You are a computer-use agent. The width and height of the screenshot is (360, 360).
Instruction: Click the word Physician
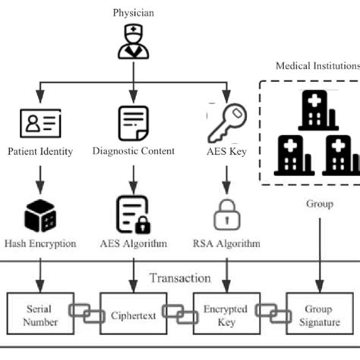pyautogui.click(x=134, y=13)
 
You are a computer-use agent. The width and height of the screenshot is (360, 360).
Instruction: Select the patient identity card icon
pyautogui.click(x=39, y=122)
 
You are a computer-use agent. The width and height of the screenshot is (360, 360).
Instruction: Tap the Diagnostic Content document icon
pyautogui.click(x=134, y=122)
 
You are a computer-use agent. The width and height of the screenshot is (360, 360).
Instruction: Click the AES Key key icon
pyautogui.click(x=227, y=120)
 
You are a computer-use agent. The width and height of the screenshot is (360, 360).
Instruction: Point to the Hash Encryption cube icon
pyautogui.click(x=39, y=216)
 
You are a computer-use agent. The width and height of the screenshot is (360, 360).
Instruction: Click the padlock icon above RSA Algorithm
pyautogui.click(x=227, y=215)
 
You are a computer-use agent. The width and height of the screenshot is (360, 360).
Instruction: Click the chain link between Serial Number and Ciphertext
pyautogui.click(x=85, y=311)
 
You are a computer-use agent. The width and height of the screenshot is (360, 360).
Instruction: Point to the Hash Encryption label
pyautogui.click(x=39, y=244)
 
